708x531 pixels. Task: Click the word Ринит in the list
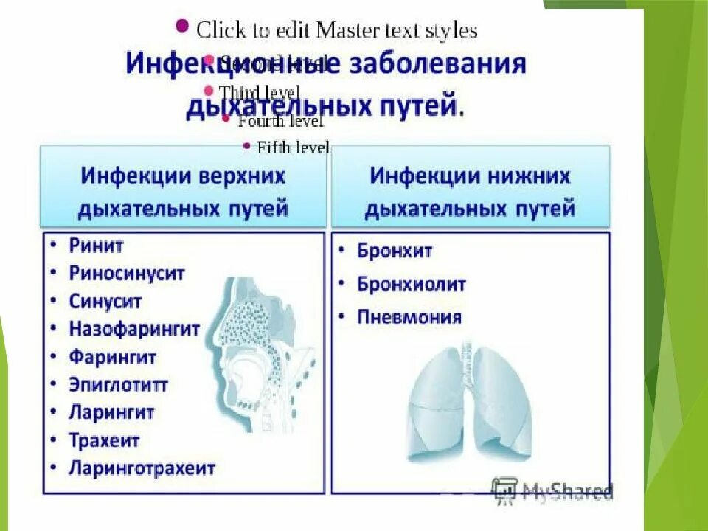[97, 246]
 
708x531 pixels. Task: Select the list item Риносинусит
[127, 273]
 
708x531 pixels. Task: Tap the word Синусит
[105, 302]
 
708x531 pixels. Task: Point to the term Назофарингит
[135, 329]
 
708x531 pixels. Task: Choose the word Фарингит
[113, 357]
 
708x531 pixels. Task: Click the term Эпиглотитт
[119, 385]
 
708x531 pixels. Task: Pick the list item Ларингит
[111, 412]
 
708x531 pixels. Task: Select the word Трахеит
[104, 440]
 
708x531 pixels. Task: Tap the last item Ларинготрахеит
[142, 468]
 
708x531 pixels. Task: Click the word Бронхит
[395, 251]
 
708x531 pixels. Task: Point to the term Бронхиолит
[412, 284]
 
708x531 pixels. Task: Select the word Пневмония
[409, 318]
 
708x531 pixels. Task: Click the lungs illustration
[471, 402]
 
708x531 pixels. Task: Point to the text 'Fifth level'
[293, 147]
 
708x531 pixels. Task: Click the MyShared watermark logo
[553, 490]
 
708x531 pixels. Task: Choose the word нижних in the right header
[529, 177]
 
